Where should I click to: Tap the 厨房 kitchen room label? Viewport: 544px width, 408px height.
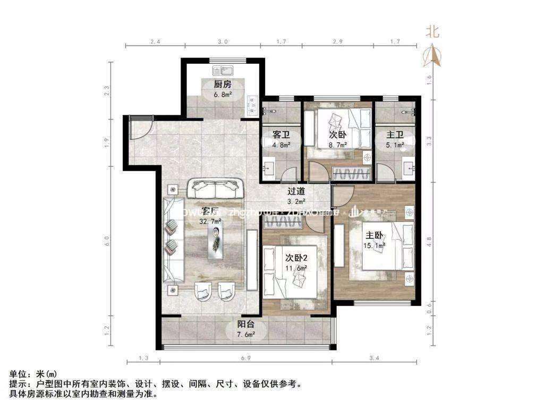click(x=223, y=84)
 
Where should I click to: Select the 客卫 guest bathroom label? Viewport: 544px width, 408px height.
click(x=280, y=134)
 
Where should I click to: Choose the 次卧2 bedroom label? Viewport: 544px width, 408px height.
click(x=296, y=258)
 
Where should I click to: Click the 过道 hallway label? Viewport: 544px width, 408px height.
click(x=296, y=191)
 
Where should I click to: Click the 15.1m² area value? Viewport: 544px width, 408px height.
click(x=374, y=245)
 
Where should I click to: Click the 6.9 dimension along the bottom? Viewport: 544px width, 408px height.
click(x=245, y=359)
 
